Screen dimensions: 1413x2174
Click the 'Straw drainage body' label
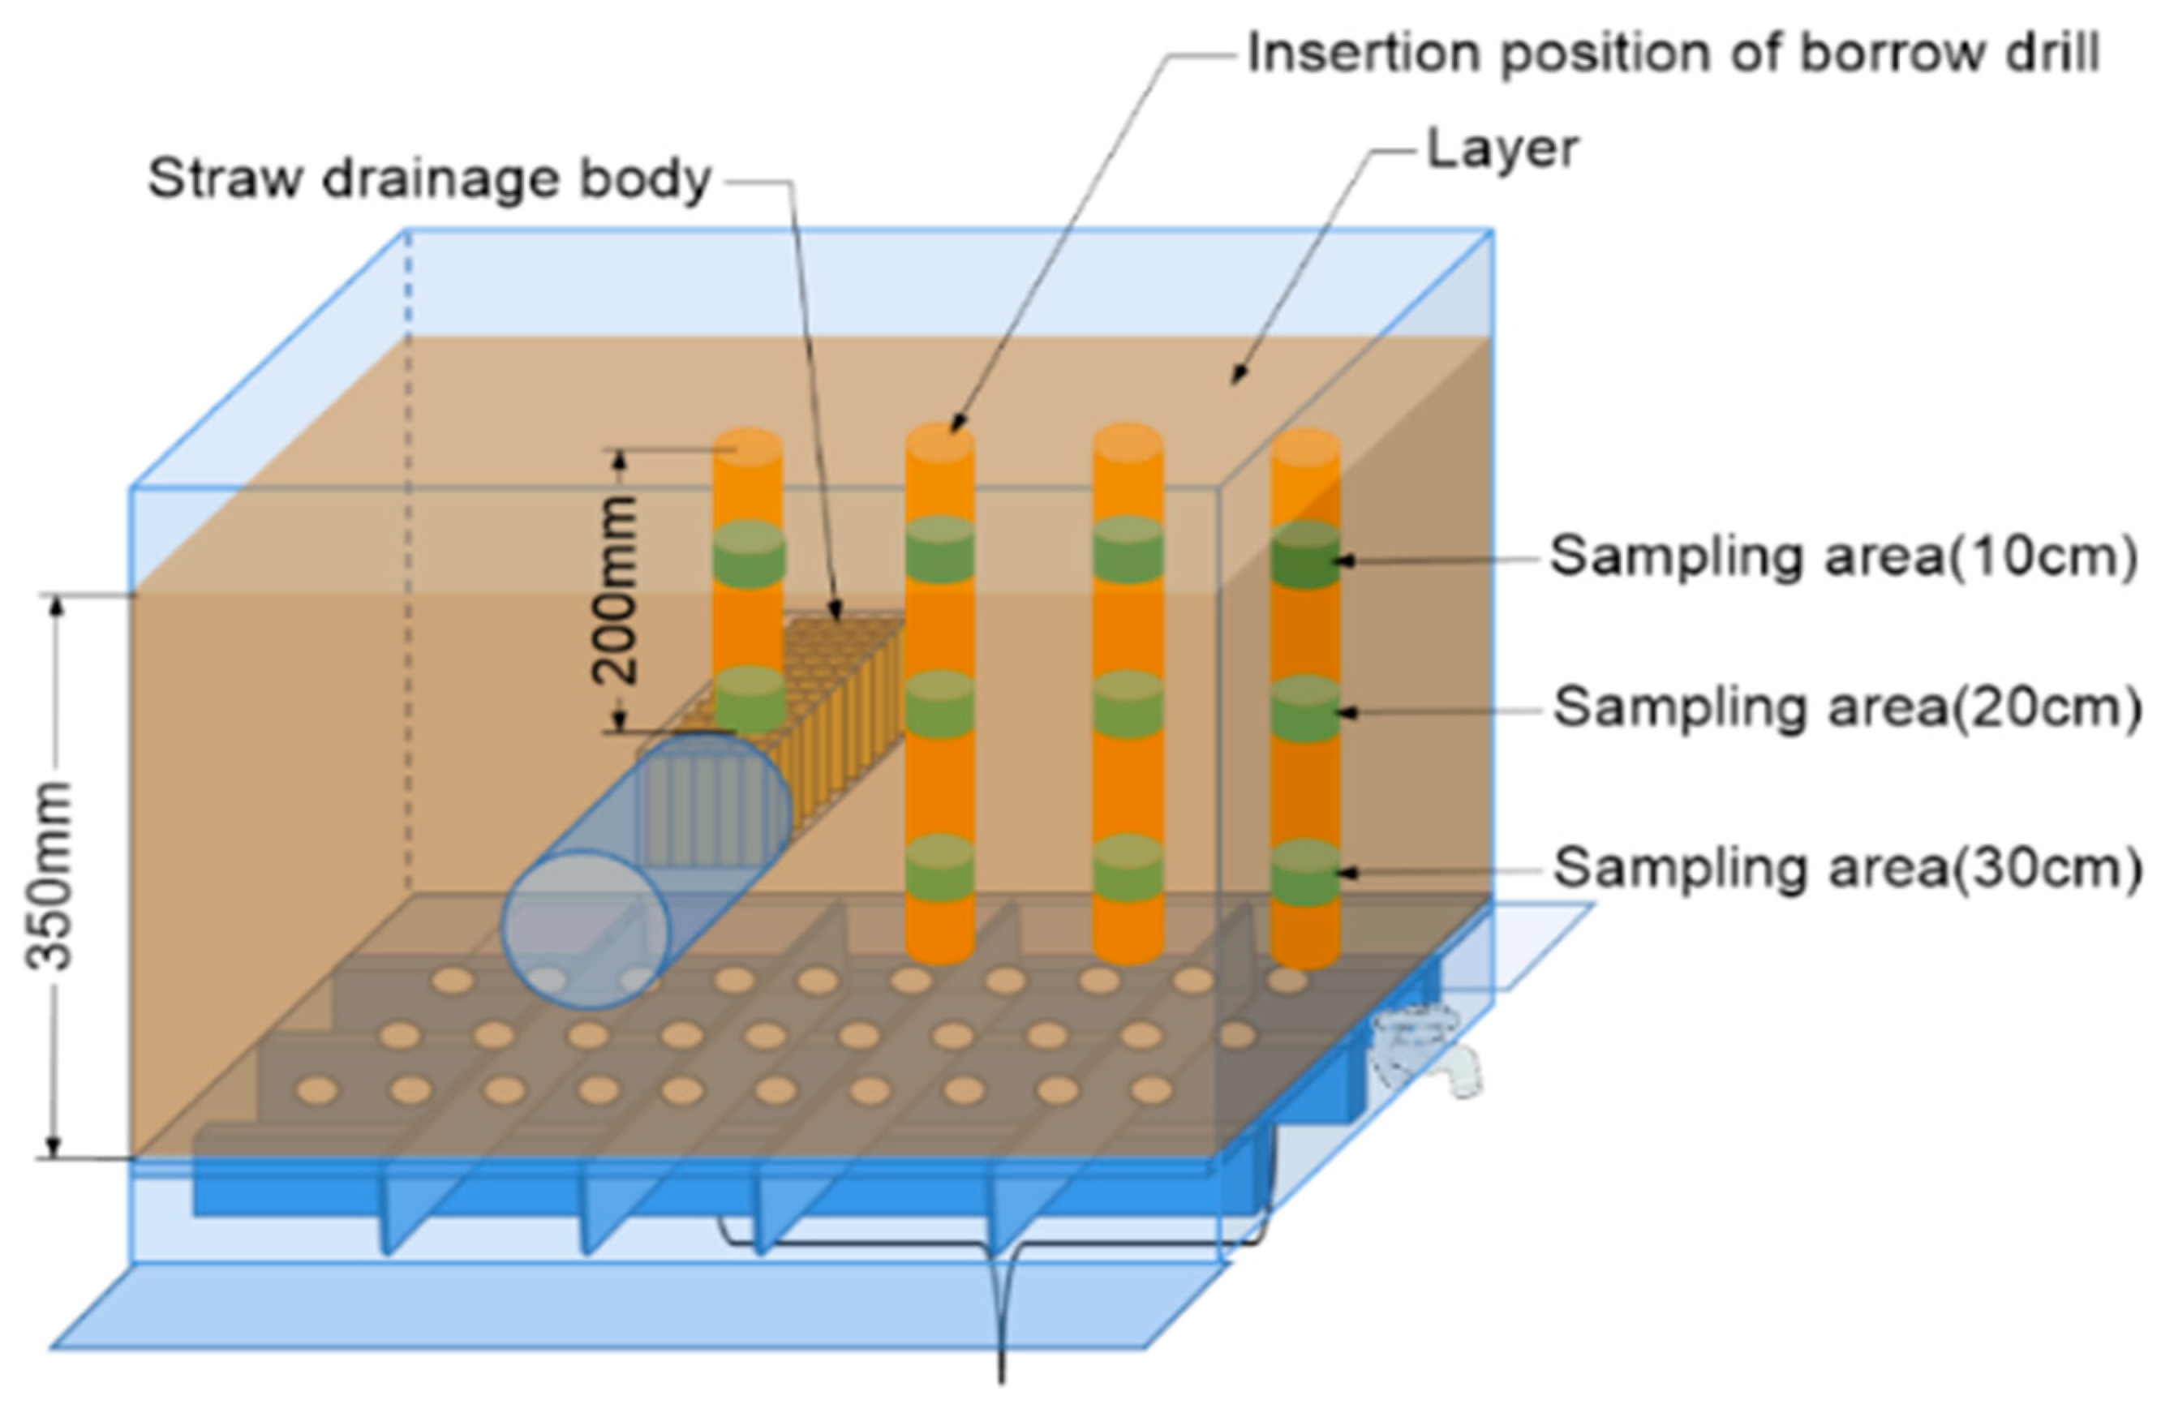(x=429, y=179)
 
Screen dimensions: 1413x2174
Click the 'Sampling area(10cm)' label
(x=1843, y=556)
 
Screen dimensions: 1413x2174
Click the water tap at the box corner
(x=1425, y=1050)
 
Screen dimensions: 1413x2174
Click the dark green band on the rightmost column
(x=1305, y=556)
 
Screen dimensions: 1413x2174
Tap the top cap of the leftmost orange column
(x=747, y=448)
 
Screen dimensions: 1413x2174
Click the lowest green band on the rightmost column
(x=1305, y=872)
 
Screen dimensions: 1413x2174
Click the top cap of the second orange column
(x=940, y=443)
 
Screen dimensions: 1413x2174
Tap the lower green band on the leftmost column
(x=749, y=698)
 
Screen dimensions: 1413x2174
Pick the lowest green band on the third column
(x=1128, y=868)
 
